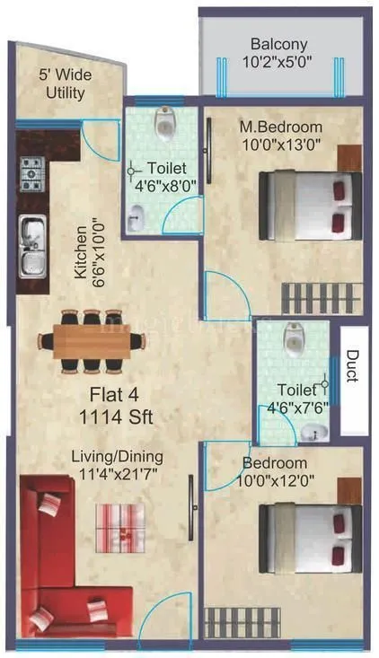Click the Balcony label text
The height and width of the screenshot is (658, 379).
pos(278,44)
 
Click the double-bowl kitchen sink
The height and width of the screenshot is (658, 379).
pos(32,244)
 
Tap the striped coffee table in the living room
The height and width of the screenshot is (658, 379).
pos(119,525)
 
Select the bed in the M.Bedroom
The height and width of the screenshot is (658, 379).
pos(306,205)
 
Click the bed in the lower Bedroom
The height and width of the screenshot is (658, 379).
pos(306,534)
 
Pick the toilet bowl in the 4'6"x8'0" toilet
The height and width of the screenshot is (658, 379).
pos(163,124)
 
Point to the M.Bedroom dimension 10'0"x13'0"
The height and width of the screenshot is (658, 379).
pos(280,144)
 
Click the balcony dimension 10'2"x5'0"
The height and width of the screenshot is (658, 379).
pos(278,63)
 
